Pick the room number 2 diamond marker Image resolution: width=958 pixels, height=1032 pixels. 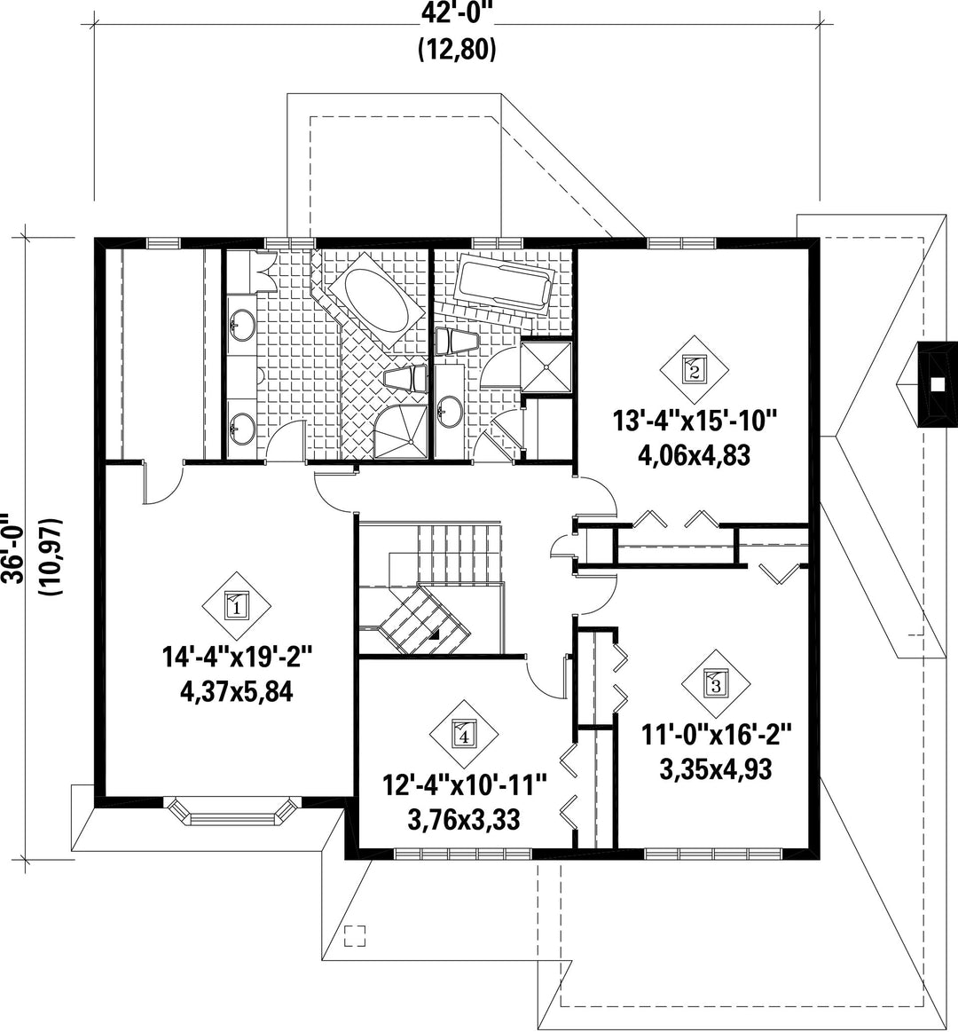[x=695, y=368]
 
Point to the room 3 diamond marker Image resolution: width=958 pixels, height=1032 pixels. [x=715, y=684]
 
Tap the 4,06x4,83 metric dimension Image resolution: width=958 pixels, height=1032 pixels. [x=695, y=455]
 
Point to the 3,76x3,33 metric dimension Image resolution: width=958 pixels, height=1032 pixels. [x=464, y=819]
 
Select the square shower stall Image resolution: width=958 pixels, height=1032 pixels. [x=546, y=365]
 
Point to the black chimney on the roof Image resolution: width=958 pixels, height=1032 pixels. [x=938, y=386]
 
